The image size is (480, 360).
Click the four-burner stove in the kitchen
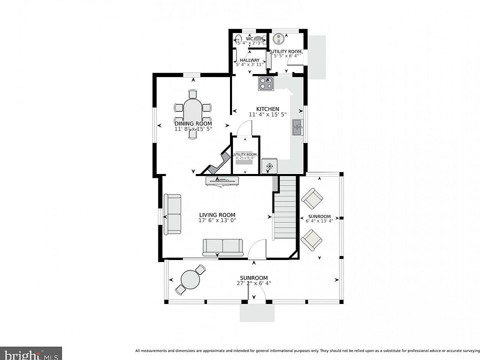click(x=266, y=83)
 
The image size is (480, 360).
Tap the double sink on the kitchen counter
click(x=297, y=127)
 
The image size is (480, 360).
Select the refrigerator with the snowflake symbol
click(x=269, y=166)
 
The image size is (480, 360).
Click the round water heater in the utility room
click(x=279, y=39)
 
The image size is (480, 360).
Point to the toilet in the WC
click(x=258, y=39)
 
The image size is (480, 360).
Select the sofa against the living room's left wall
click(x=173, y=214)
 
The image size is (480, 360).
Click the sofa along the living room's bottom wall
click(x=222, y=247)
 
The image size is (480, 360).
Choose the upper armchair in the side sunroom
click(x=312, y=198)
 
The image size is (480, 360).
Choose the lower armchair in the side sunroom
click(x=312, y=240)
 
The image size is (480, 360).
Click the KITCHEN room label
click(x=267, y=109)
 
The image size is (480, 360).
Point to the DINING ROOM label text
click(x=193, y=123)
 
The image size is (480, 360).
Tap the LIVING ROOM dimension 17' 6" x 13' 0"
click(x=217, y=220)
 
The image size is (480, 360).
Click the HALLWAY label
click(x=249, y=60)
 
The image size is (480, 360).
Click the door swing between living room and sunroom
click(x=257, y=248)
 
